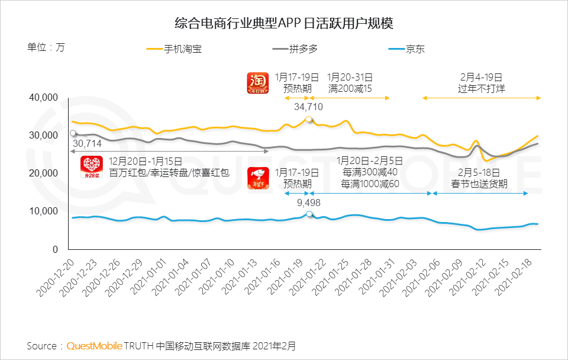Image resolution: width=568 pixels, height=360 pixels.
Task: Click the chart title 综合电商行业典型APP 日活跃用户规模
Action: (284, 24)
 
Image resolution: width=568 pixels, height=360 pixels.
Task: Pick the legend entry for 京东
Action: (414, 49)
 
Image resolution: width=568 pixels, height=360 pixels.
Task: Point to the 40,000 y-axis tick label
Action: (43, 98)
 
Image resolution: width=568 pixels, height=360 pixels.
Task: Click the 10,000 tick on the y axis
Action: (43, 211)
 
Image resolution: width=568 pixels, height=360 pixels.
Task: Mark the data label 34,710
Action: (308, 107)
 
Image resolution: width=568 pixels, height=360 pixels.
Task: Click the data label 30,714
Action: (87, 144)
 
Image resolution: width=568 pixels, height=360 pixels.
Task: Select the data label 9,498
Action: (308, 202)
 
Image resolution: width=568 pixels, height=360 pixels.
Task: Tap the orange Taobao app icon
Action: (257, 83)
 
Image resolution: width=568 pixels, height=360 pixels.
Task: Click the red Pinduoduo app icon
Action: (91, 167)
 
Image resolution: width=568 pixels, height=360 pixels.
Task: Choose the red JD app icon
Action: (258, 178)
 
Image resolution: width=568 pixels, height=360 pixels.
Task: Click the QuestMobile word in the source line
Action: (95, 345)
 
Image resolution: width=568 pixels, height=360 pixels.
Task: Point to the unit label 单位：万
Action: (46, 48)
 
